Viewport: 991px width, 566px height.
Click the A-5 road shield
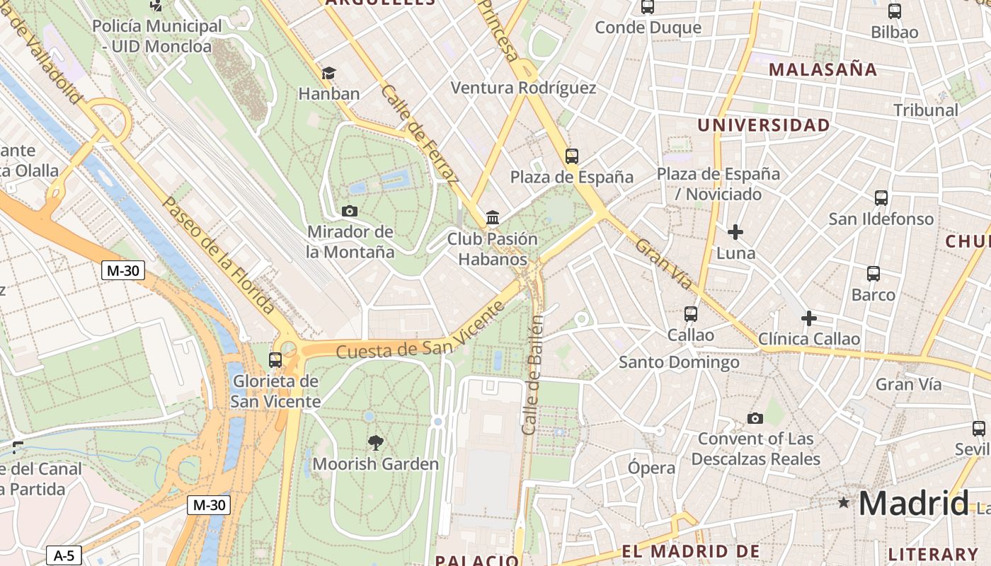click(64, 555)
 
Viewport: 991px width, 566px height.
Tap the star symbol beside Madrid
click(843, 503)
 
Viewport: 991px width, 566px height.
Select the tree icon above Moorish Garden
click(376, 443)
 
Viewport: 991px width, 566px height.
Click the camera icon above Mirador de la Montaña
click(349, 211)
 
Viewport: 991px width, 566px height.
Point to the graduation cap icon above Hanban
click(328, 73)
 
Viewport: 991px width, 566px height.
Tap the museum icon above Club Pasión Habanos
click(493, 217)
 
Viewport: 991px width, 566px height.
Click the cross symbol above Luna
click(735, 231)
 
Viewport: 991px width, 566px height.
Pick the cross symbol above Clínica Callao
click(808, 318)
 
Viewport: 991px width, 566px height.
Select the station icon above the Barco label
click(873, 274)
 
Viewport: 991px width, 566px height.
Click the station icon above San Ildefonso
click(881, 198)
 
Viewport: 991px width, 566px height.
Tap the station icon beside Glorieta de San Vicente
click(275, 359)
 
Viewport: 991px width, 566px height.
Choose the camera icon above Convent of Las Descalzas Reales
click(755, 418)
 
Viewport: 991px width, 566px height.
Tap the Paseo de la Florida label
click(218, 255)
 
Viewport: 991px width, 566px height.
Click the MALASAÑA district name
click(823, 69)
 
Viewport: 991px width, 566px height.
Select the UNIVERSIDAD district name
click(763, 125)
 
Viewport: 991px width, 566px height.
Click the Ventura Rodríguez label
click(523, 88)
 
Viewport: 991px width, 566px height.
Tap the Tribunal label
click(925, 110)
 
